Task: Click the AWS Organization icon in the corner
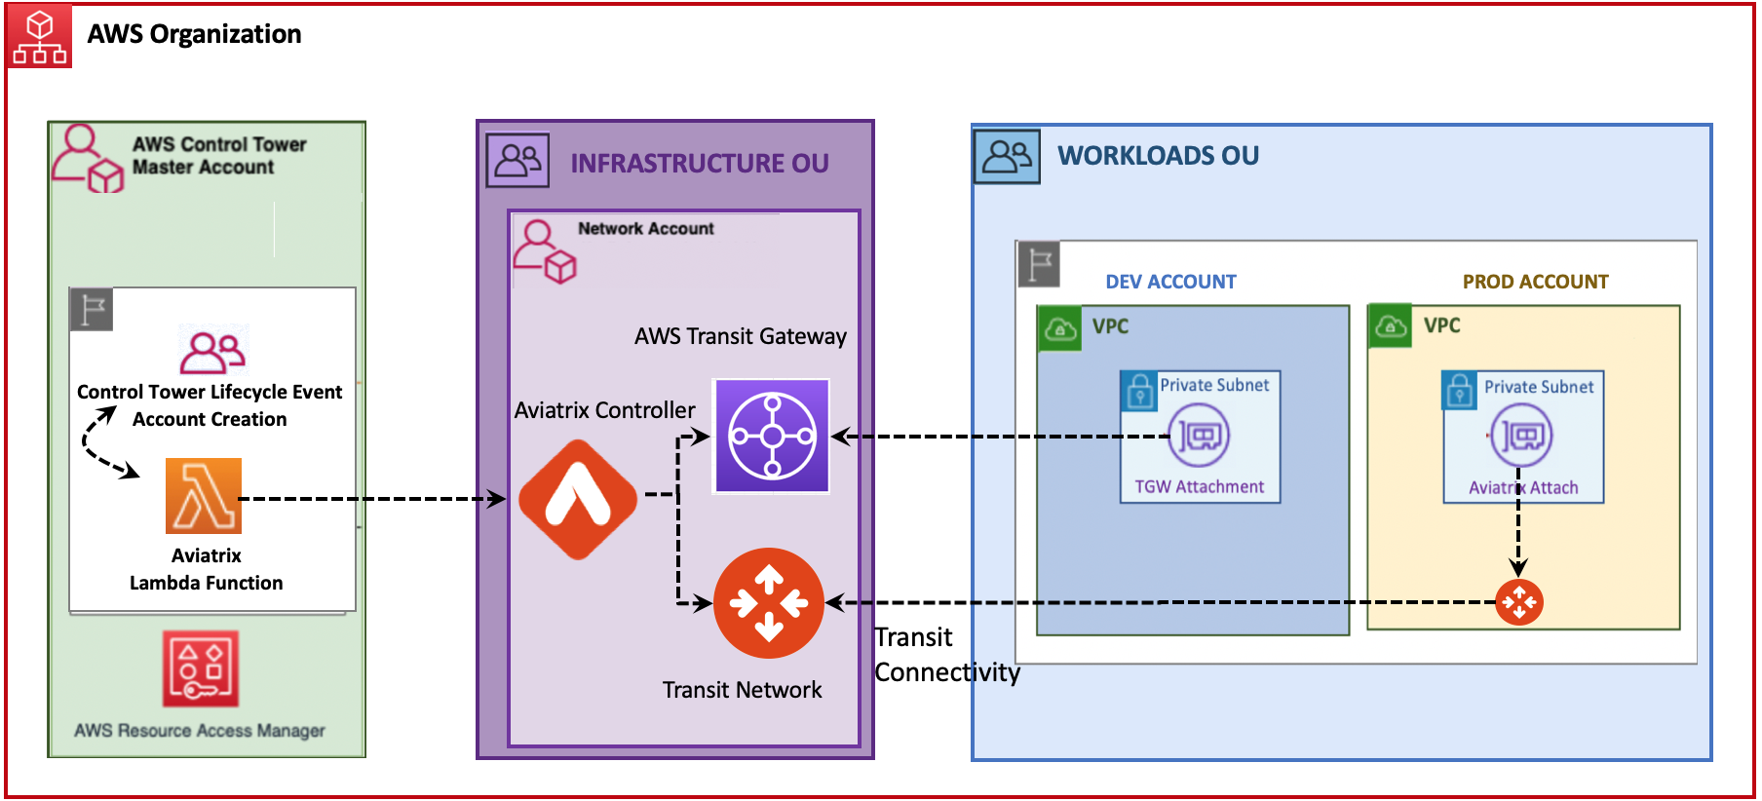39,37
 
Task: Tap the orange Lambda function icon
204,496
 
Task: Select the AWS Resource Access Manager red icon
201,668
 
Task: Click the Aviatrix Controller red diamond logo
578,499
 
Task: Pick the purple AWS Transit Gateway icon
772,436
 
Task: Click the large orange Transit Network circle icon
769,603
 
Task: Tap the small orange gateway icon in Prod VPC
1518,602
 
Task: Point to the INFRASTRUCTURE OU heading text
699,164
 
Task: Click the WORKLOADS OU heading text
1158,156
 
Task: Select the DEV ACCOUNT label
1170,282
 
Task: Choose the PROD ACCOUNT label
1535,282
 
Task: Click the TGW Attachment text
1199,486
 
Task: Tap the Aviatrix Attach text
1523,487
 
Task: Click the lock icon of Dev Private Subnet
1138,391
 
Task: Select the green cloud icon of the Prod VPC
1390,326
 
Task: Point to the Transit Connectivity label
945,655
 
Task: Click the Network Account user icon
545,251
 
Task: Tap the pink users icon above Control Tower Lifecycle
213,352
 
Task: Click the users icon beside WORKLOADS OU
1007,156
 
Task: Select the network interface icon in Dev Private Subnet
1201,435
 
